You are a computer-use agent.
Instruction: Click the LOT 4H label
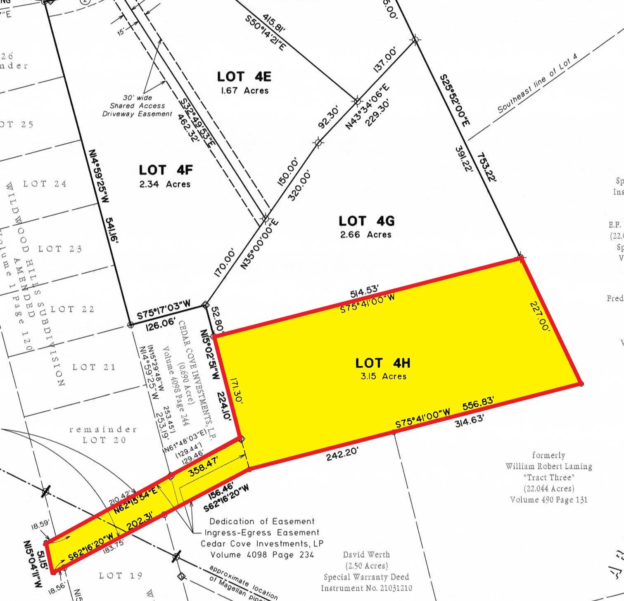point(383,363)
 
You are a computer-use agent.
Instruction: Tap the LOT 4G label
point(367,221)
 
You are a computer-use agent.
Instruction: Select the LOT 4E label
point(244,77)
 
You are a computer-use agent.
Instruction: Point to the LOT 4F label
point(166,170)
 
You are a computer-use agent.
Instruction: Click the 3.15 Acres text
point(383,376)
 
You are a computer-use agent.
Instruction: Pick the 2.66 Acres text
point(365,234)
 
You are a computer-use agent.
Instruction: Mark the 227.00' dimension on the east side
point(540,316)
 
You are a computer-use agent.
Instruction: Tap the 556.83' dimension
point(478,406)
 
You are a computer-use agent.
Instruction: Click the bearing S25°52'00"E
point(455,101)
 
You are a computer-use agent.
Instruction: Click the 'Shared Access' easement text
point(137,106)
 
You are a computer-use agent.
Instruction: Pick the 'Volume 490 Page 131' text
point(549,499)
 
